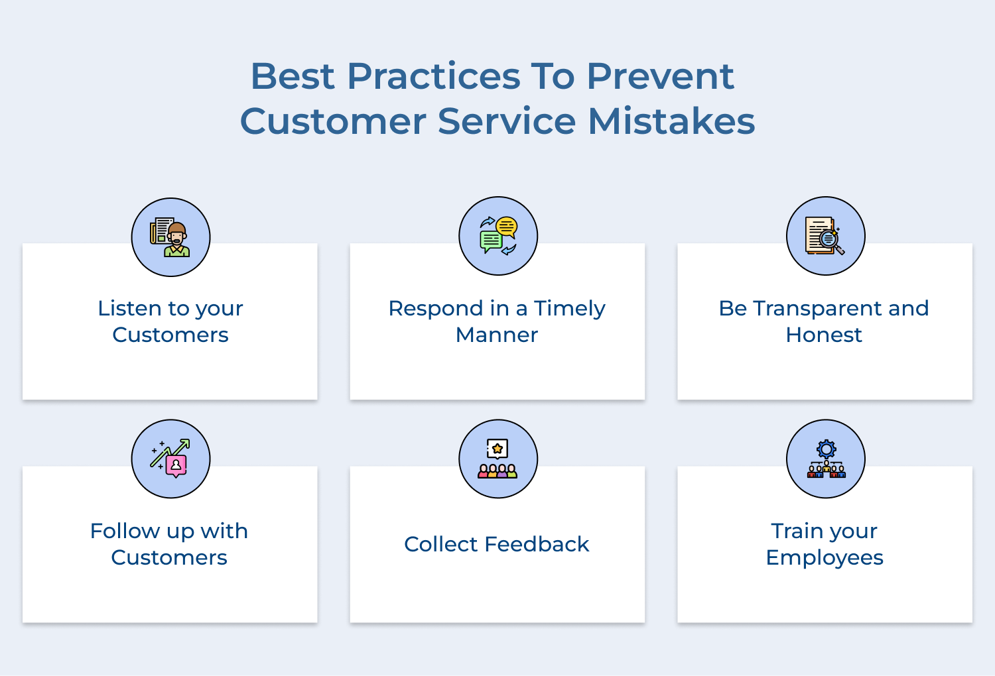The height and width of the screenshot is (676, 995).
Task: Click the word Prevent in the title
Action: pyautogui.click(x=660, y=76)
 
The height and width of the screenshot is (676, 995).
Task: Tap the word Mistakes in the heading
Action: pyautogui.click(x=671, y=121)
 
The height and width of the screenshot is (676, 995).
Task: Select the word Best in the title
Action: pyautogui.click(x=293, y=76)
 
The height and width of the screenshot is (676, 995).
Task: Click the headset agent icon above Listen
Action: pyautogui.click(x=170, y=237)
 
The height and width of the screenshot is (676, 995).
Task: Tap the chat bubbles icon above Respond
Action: pyautogui.click(x=498, y=236)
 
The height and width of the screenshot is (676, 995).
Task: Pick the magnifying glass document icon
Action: pyautogui.click(x=825, y=236)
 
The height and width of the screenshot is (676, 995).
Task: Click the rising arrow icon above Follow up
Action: pyautogui.click(x=170, y=459)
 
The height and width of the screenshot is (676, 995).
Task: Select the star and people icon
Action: pyautogui.click(x=498, y=459)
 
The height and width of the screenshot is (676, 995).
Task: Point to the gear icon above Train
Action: pyautogui.click(x=826, y=459)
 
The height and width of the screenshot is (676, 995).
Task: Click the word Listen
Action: pyautogui.click(x=129, y=308)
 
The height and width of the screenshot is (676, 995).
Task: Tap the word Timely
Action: pyautogui.click(x=569, y=308)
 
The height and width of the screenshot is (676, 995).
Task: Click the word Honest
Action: pyautogui.click(x=824, y=335)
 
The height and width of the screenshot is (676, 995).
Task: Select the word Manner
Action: pyautogui.click(x=497, y=335)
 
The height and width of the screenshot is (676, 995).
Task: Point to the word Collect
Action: pyautogui.click(x=440, y=544)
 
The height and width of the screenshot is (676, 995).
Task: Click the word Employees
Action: pyautogui.click(x=825, y=558)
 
